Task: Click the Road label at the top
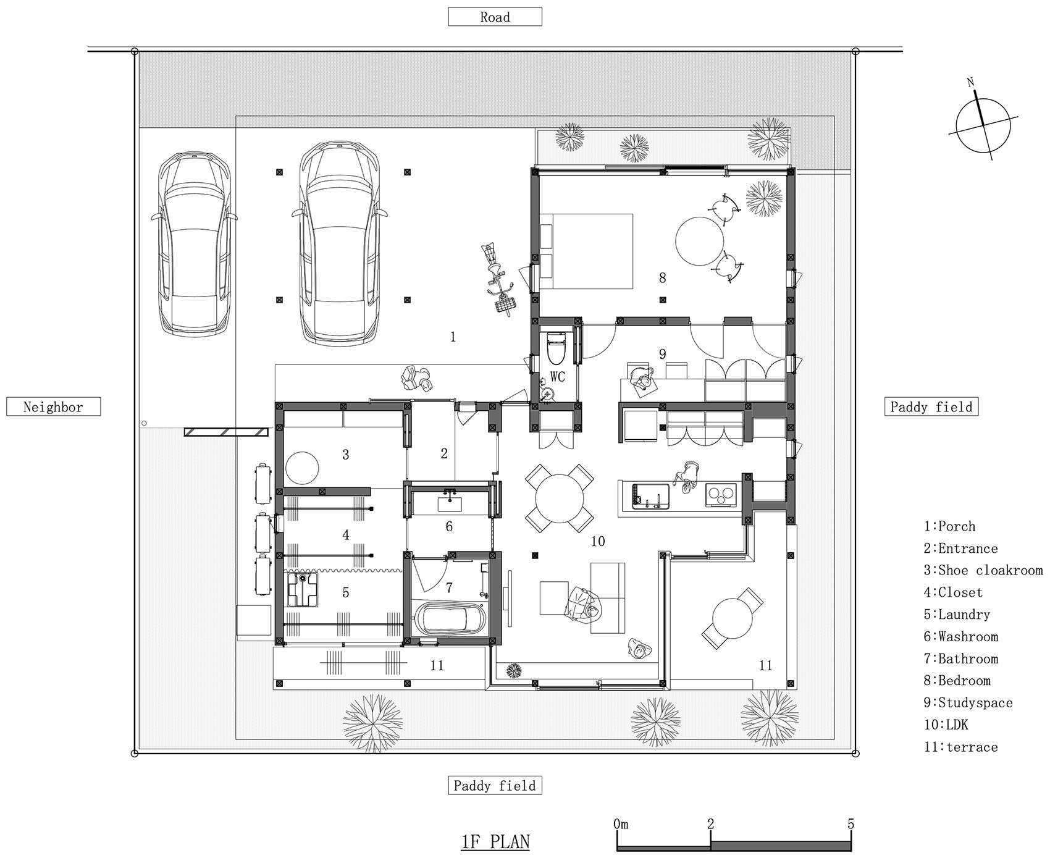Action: [495, 17]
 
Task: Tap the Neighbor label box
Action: [53, 406]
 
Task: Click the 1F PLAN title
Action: [495, 841]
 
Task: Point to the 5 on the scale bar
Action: [850, 823]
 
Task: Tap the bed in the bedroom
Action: [586, 251]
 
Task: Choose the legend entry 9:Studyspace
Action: [968, 703]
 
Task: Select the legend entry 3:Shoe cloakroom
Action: [983, 570]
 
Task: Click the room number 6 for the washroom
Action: [449, 526]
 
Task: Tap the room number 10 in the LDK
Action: [597, 542]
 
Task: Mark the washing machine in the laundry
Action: [303, 590]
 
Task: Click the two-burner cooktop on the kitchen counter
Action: [721, 495]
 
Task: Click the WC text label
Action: [557, 377]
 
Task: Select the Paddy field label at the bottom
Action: [495, 786]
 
